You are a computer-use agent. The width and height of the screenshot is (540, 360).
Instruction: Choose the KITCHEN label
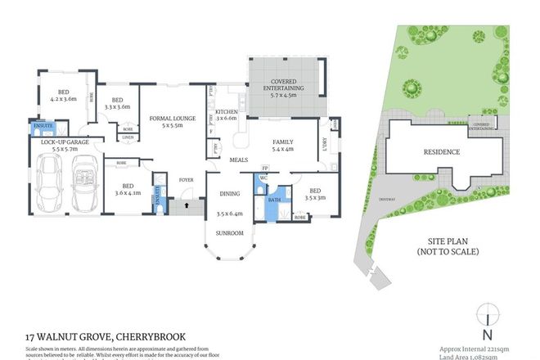pos(226,112)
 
